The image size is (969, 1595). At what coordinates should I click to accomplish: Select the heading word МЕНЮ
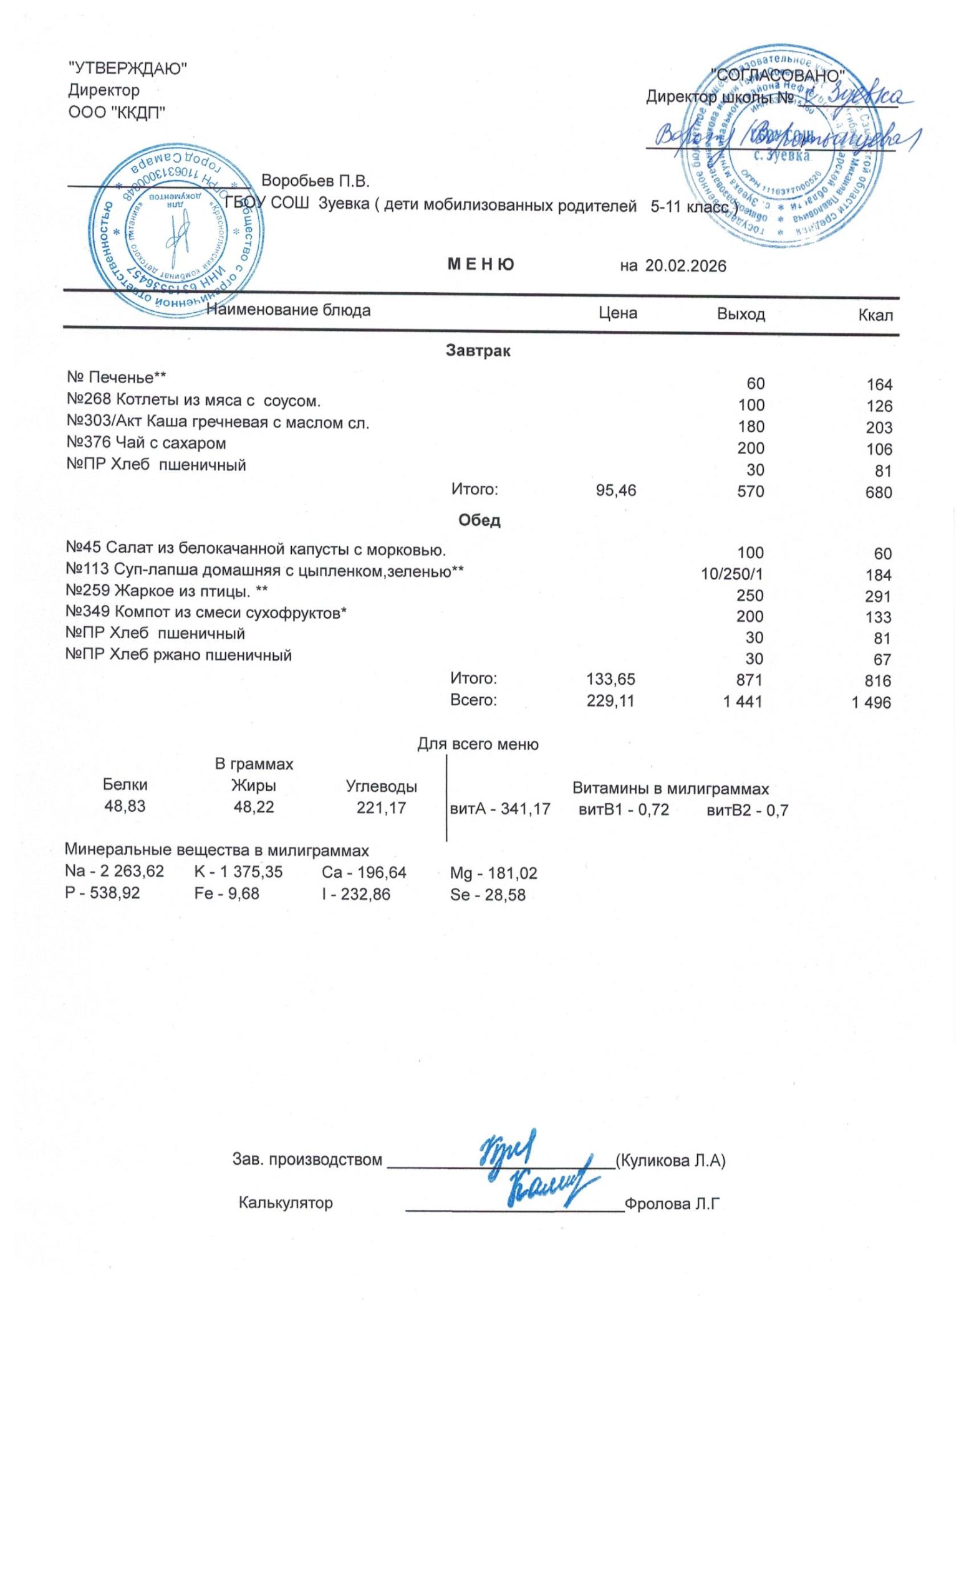481,265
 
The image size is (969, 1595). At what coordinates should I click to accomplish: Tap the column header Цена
617,314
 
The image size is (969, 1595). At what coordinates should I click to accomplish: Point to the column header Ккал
875,316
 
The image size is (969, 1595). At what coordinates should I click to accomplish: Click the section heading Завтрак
478,351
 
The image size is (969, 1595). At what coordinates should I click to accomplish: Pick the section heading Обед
479,520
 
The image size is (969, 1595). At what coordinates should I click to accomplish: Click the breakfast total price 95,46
615,491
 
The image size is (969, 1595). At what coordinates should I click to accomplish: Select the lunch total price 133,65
610,679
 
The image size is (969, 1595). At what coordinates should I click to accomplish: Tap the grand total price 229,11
610,700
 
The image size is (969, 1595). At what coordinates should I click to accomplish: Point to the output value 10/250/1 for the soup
733,574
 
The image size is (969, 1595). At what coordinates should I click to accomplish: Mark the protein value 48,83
125,807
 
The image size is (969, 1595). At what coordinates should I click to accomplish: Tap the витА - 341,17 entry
499,809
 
